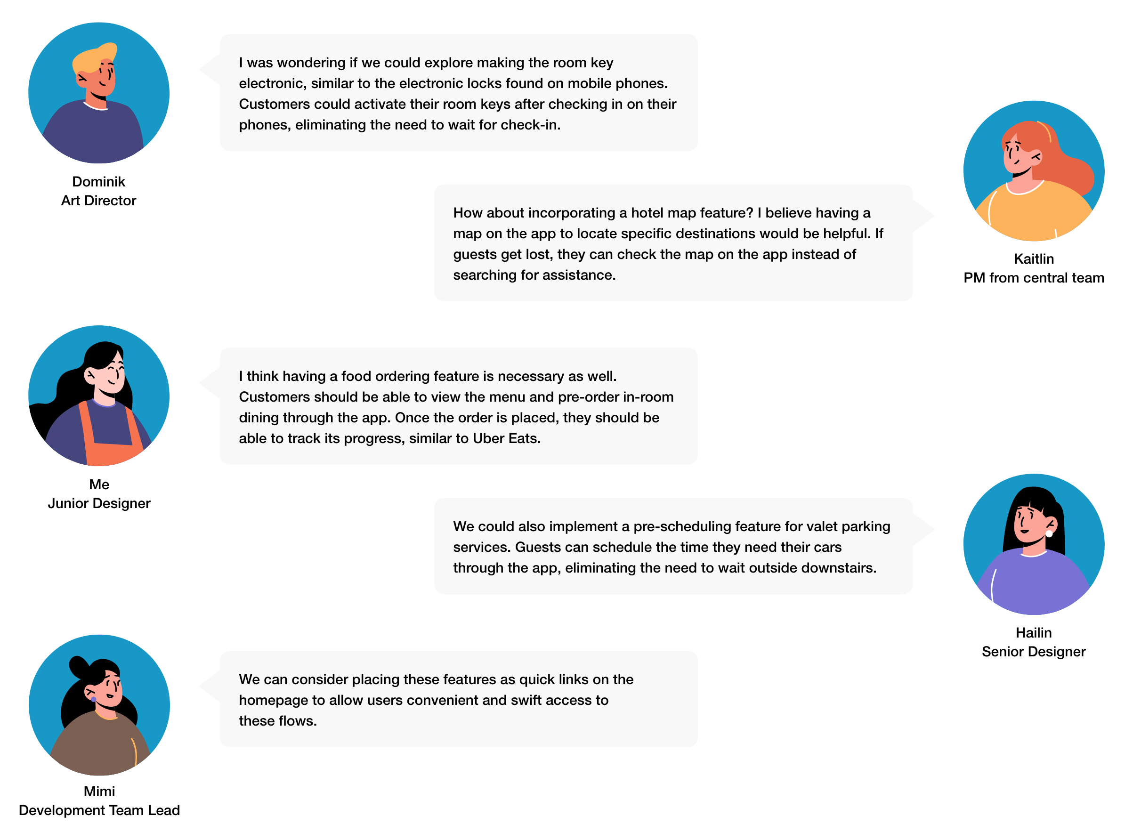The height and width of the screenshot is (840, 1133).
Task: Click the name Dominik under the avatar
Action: [x=98, y=182]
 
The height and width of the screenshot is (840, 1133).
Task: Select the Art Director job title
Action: [x=98, y=200]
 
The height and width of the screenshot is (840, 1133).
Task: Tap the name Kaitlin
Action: [x=1033, y=259]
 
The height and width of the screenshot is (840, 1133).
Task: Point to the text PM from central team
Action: [x=1033, y=278]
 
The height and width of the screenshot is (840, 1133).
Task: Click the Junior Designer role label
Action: [x=99, y=503]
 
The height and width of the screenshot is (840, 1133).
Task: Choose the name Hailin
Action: [x=1033, y=632]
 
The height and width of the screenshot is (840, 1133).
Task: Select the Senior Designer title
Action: [x=1033, y=652]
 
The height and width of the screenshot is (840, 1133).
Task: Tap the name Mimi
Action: [x=99, y=791]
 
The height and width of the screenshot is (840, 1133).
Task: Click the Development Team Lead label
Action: [x=99, y=810]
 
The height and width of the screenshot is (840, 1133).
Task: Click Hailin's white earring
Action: [x=1049, y=533]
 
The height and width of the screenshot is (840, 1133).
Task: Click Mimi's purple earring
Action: [x=94, y=700]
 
